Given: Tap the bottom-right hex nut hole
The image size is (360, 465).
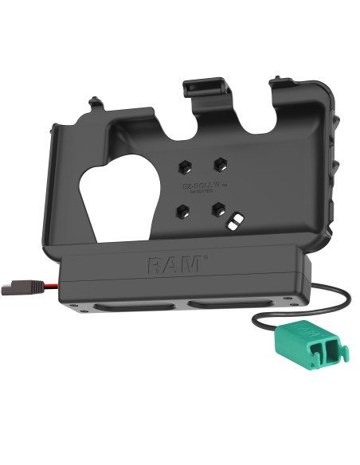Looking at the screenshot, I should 217,211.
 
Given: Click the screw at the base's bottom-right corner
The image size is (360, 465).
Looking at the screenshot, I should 280,300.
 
